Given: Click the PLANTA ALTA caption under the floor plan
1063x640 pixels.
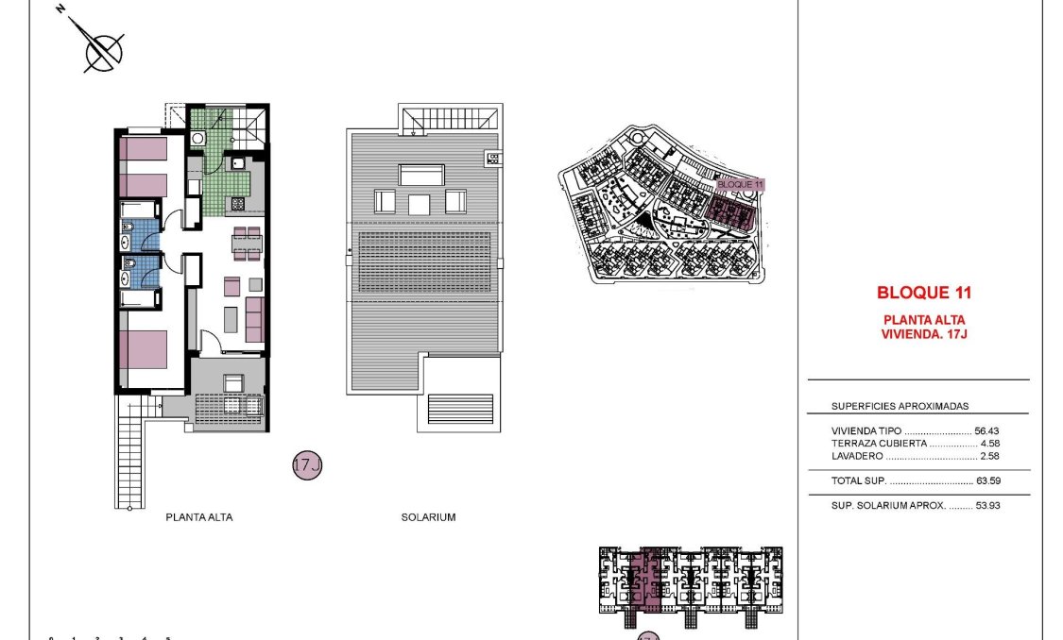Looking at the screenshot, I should point(198,517).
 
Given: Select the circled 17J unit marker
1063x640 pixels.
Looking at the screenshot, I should point(307,465).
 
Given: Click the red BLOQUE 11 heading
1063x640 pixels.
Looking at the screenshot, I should point(923,293).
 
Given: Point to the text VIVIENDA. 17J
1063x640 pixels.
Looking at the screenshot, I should point(923,333).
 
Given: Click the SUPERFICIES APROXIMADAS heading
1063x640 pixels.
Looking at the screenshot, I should point(900,406).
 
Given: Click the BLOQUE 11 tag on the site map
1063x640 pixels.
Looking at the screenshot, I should point(740,184).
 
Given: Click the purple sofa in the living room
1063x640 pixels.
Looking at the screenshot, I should point(254,320).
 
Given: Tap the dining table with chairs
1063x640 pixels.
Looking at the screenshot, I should point(248,244).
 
